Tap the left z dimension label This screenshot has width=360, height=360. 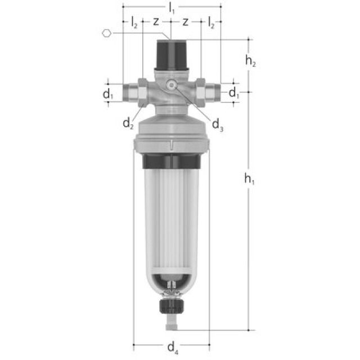pyautogui.click(x=156, y=22)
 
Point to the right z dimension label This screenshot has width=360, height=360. pyautogui.click(x=186, y=22)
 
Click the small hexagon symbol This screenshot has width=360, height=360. pyautogui.click(x=107, y=33)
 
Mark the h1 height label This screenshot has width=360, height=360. pyautogui.click(x=249, y=179)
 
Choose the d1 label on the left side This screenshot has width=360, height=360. pyautogui.click(x=108, y=94)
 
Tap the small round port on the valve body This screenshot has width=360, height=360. pyautogui.click(x=172, y=85)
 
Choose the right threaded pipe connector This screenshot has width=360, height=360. pyautogui.click(x=209, y=91)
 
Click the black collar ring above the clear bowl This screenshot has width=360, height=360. pyautogui.click(x=172, y=162)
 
